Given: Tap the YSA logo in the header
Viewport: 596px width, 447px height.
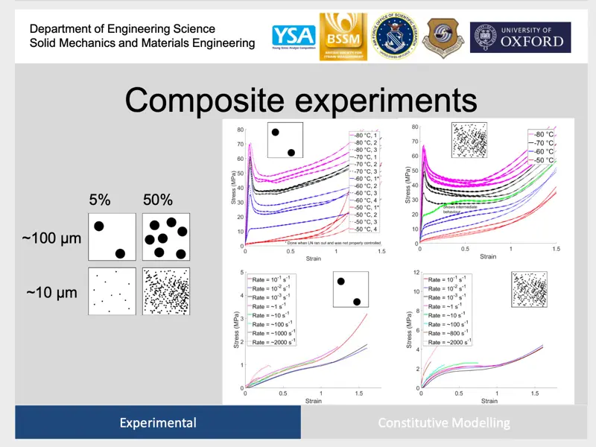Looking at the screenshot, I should (293, 36).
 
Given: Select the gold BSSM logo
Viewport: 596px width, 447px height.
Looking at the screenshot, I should (340, 35).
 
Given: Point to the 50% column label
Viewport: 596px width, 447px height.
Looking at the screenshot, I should (158, 200).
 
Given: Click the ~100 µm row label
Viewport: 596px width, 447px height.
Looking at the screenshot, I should (51, 239).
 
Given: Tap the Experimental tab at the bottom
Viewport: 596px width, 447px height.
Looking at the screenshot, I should (158, 423).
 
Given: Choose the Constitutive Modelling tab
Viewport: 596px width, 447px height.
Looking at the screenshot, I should (444, 423).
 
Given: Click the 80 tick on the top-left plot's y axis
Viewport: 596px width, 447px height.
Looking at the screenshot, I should (240, 130).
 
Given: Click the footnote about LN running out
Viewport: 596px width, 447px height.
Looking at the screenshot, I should (328, 243).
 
